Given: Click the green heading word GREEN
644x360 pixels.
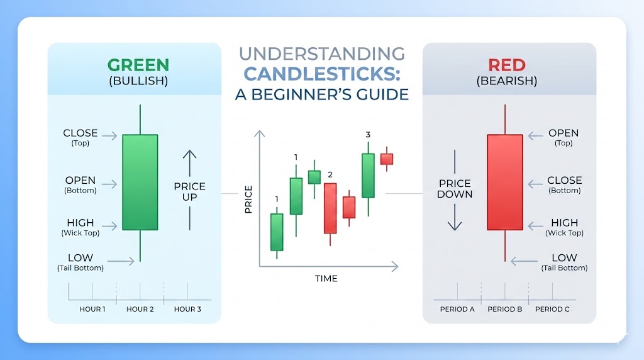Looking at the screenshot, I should [138, 65].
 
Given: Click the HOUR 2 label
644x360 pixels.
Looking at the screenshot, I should [140, 309].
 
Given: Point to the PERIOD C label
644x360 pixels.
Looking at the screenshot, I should [552, 309].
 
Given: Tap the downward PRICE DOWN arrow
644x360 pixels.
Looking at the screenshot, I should [455, 218].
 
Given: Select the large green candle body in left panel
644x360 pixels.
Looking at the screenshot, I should [140, 182].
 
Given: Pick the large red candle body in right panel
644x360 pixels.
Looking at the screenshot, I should [504, 182].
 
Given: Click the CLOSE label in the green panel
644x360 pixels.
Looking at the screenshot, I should [80, 133].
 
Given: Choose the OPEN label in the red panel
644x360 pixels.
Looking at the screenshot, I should [563, 133].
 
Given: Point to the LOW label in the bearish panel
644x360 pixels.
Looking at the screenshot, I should [564, 257].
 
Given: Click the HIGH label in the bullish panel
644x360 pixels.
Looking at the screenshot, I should [80, 222].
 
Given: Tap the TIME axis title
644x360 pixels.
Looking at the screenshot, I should [326, 278].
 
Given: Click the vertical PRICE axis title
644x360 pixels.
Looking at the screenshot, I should [248, 199].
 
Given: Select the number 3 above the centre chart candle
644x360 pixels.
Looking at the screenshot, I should [368, 134].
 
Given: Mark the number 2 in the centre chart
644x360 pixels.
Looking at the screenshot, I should [330, 174].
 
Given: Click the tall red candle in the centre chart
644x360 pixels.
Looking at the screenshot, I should [330, 208].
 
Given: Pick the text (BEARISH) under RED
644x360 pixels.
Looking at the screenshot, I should [506, 81].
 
